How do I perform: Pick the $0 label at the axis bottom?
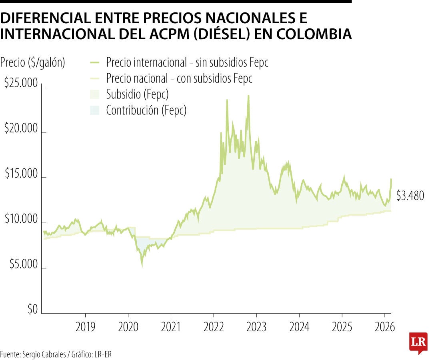point(32,310)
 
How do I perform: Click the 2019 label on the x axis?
point(85,327)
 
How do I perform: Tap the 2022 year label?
point(214,327)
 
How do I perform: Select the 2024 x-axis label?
point(299,327)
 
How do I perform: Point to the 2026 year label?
point(384,327)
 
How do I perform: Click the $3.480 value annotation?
point(410,196)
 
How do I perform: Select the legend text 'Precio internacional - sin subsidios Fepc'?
point(187,62)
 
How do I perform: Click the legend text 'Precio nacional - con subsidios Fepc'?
point(179,78)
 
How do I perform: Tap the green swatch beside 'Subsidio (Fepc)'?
point(94,94)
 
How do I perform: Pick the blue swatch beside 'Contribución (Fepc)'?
point(94,110)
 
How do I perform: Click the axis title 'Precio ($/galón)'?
point(33,62)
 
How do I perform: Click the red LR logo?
point(418,342)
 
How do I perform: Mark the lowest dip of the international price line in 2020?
point(142,265)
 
